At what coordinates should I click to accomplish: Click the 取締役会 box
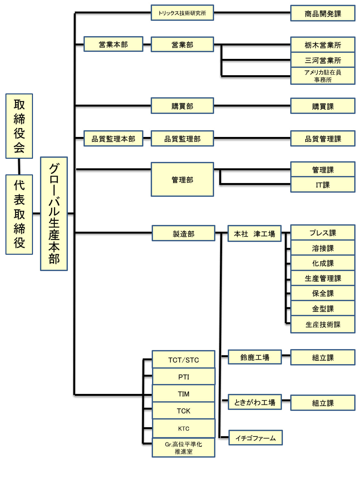(x=19, y=126)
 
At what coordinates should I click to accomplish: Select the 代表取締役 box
(x=19, y=214)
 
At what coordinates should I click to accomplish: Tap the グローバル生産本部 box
(x=54, y=213)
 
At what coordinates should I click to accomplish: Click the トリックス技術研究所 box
(x=182, y=13)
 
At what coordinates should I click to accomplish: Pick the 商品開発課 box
(x=323, y=13)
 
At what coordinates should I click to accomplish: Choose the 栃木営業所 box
(x=323, y=45)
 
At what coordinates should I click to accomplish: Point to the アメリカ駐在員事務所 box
(x=323, y=76)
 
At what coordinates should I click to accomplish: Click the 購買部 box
(x=182, y=106)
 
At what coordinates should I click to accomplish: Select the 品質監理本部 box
(x=113, y=139)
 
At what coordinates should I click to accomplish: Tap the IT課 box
(x=323, y=185)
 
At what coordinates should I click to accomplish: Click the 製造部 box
(x=183, y=234)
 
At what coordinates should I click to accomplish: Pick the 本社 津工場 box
(x=254, y=234)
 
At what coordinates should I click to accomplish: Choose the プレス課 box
(x=323, y=233)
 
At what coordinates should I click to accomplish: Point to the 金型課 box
(x=323, y=308)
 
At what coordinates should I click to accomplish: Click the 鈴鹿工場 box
(x=254, y=357)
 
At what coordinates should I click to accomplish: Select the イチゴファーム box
(x=255, y=438)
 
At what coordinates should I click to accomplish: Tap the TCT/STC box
(x=183, y=360)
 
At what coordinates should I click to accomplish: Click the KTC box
(x=183, y=428)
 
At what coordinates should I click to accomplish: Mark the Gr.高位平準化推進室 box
(x=183, y=448)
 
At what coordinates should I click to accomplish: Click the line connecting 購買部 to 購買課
(x=252, y=106)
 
